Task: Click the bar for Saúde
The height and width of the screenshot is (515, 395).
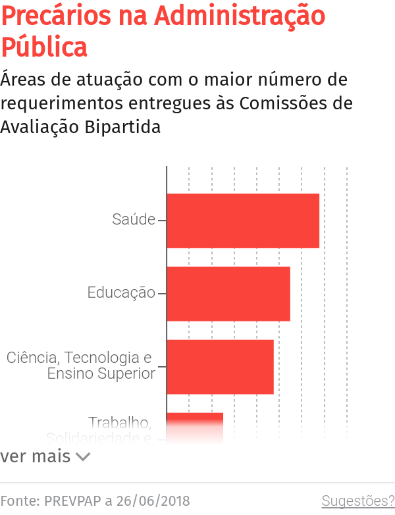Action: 242,221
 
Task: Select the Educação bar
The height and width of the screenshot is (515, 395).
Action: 228,294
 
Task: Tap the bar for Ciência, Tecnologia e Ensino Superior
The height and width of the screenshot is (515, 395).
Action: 220,367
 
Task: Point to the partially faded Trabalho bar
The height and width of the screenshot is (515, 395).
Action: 195,424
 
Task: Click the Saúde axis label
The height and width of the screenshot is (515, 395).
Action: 134,220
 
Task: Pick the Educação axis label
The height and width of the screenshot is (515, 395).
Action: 121,292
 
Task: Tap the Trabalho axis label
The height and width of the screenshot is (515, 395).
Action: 120,422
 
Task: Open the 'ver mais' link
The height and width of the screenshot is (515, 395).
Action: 36,456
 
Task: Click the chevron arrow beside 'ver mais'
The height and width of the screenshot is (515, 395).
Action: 83,456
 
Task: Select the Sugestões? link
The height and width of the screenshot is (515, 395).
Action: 357,501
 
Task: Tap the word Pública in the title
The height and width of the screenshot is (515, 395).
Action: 43,47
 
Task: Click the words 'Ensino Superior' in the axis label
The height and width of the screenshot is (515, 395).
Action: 101,373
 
